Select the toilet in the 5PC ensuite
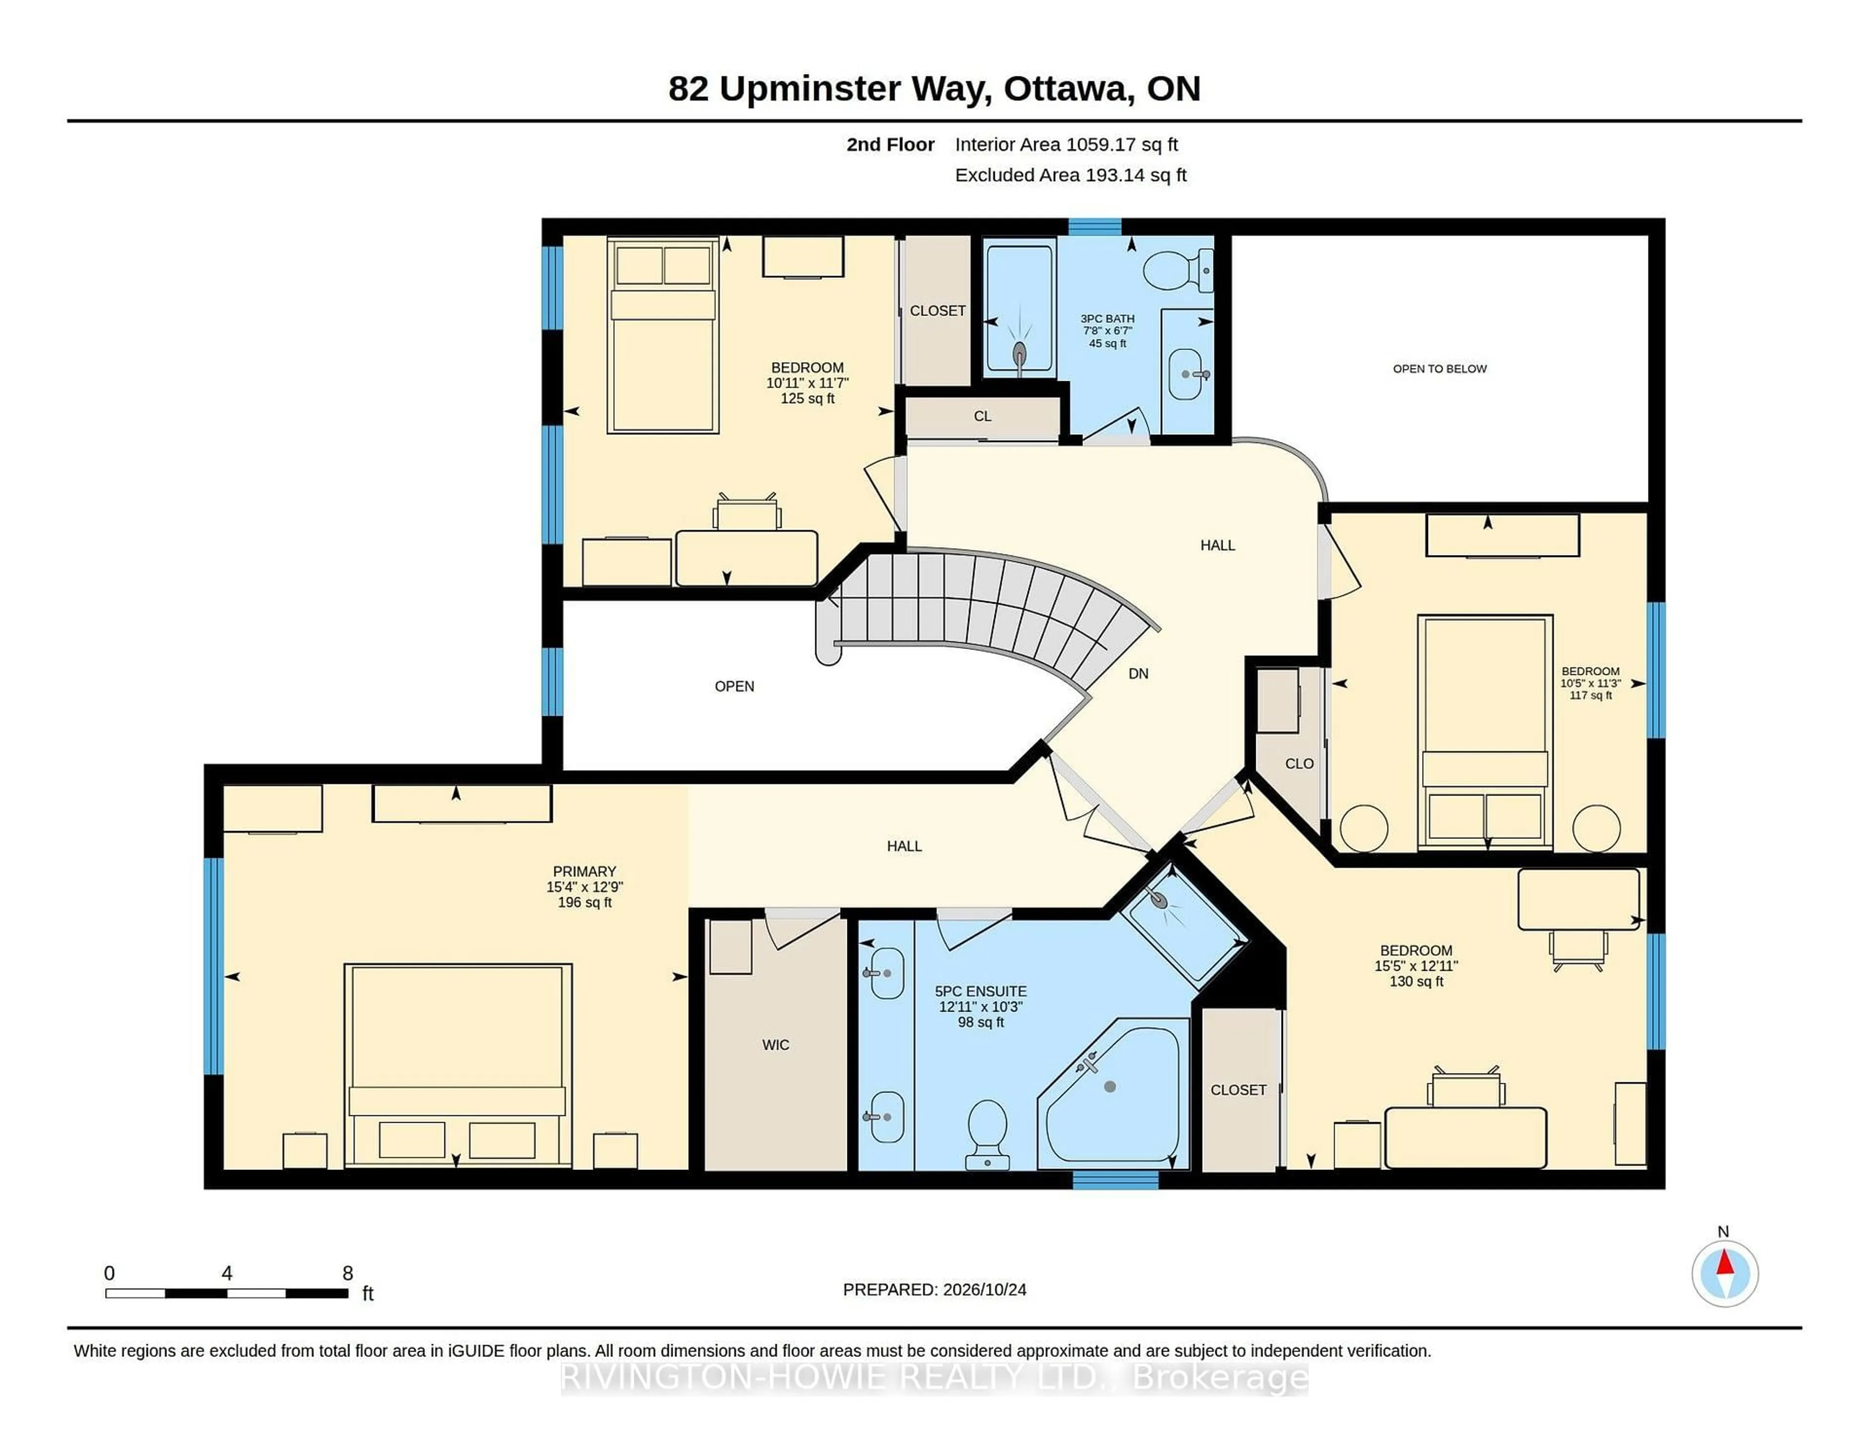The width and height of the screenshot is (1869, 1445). [x=988, y=1134]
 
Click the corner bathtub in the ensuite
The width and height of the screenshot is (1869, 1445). [x=1113, y=1093]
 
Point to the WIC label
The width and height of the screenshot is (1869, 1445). [x=775, y=1044]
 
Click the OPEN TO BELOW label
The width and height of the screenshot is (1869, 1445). [x=1439, y=369]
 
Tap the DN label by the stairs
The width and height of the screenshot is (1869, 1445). [x=1138, y=674]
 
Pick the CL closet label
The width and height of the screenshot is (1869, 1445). [x=982, y=416]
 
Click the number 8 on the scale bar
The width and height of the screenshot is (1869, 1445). [x=348, y=1273]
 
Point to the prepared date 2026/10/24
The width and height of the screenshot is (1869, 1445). [x=984, y=1289]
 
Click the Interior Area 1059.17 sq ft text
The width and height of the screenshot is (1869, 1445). [x=1066, y=145]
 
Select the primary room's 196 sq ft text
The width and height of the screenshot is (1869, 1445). [x=585, y=902]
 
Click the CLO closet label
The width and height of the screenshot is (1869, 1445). [x=1299, y=763]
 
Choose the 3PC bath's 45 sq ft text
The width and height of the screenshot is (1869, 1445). [x=1107, y=343]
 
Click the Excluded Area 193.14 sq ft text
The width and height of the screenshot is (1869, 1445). [x=1071, y=175]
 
